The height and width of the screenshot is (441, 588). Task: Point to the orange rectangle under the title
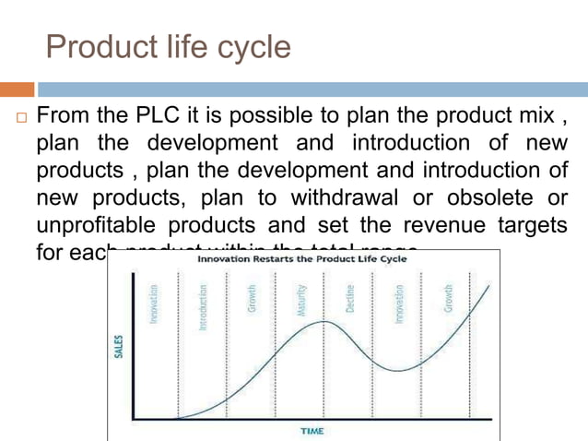click(18, 89)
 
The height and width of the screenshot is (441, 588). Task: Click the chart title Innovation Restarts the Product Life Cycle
click(301, 259)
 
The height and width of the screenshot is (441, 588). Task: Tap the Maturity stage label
click(301, 302)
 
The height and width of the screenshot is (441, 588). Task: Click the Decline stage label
click(350, 300)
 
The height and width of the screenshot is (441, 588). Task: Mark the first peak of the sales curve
click(323, 321)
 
